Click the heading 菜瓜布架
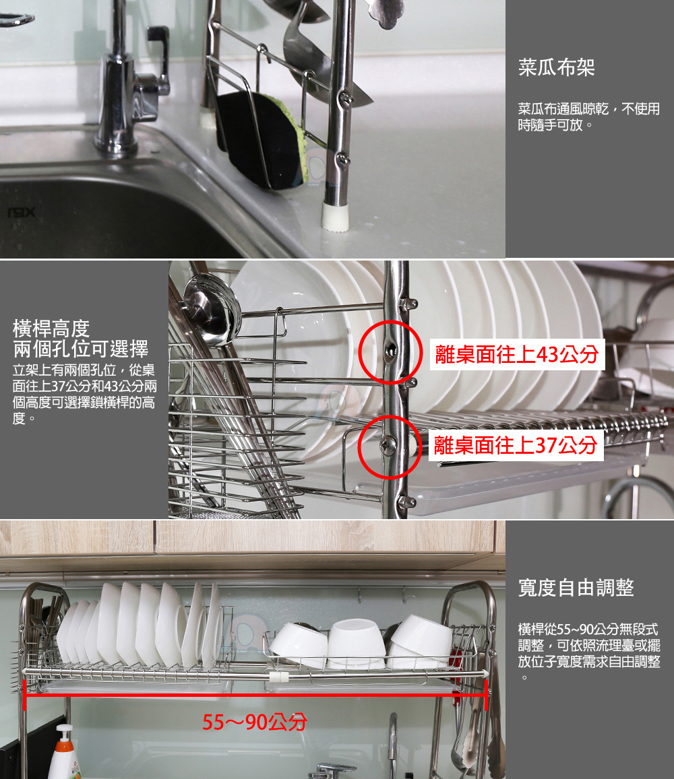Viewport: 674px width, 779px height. pos(556,67)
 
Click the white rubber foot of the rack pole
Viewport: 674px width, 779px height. pos(335,215)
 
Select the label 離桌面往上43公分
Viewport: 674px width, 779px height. pos(517,354)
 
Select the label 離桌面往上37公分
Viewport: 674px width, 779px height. pos(516,445)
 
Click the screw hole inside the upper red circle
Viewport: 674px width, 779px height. pos(391,351)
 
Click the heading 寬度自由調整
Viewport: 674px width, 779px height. pos(576,588)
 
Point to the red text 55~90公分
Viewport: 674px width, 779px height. pos(254,722)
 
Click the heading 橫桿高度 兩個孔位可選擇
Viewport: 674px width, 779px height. pos(80,339)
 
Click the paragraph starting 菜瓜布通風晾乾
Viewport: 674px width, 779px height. pos(588,116)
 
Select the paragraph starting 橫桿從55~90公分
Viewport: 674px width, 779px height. pos(589,653)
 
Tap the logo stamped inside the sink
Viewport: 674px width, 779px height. pos(21,212)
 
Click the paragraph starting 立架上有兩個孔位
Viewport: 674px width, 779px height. pos(84,393)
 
